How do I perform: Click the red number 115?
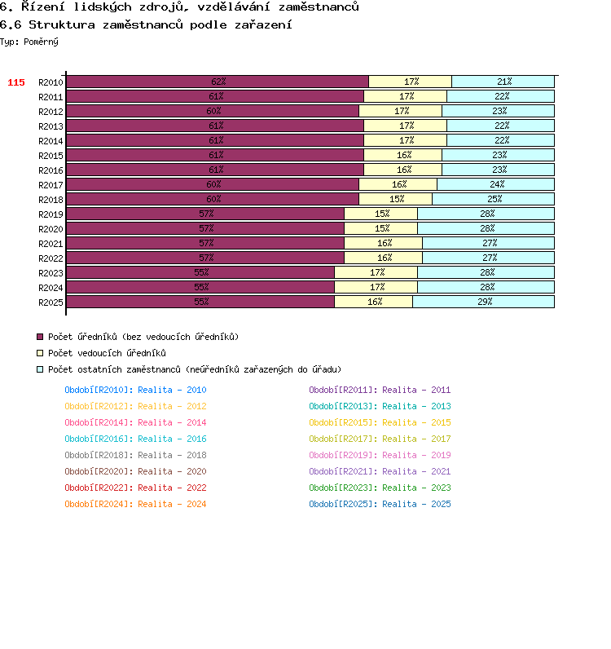coord(16,82)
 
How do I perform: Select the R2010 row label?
coord(51,82)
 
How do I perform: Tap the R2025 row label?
coord(51,302)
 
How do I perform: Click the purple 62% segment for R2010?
coord(218,82)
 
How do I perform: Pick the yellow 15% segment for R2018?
coord(395,199)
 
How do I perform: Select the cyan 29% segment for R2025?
coord(484,302)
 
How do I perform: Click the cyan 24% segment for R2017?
coord(495,184)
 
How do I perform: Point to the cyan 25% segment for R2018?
coord(493,199)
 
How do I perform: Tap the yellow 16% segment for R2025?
coord(374,302)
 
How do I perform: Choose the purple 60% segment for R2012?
coord(213,111)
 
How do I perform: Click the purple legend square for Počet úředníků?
coord(40,337)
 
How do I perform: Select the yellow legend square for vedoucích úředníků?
coord(40,353)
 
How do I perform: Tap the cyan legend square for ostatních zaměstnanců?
coord(40,369)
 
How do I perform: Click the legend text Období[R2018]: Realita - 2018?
coord(135,455)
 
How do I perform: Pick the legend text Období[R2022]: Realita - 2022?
coord(135,488)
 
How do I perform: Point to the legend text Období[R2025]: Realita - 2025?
coord(380,504)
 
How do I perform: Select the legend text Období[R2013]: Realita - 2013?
coord(380,407)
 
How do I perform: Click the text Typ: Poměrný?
coord(29,42)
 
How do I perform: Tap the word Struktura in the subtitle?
coord(62,24)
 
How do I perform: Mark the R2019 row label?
coord(51,214)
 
